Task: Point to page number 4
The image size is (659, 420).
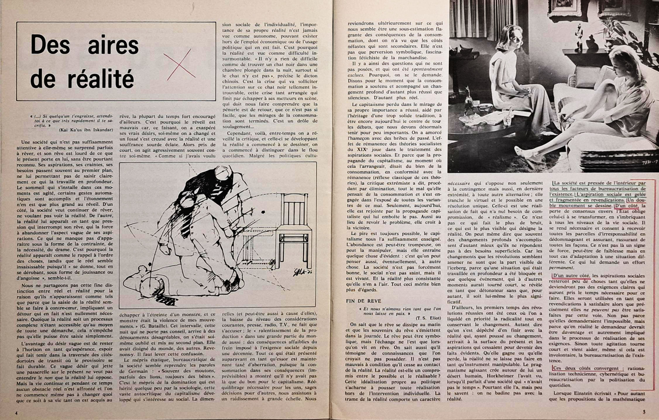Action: coord(16,413)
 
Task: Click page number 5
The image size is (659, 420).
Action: coord(644,412)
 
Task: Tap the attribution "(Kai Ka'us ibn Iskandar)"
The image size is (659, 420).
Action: coord(86,130)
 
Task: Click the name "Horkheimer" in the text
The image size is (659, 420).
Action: coord(503,376)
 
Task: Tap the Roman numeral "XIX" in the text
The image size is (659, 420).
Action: coord(363,149)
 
